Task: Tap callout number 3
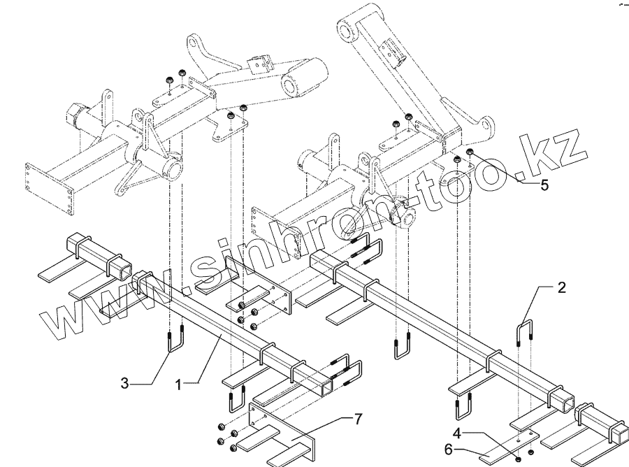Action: click(124, 384)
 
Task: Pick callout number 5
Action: click(544, 185)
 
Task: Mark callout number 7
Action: click(358, 419)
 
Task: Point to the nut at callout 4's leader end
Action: click(516, 459)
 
